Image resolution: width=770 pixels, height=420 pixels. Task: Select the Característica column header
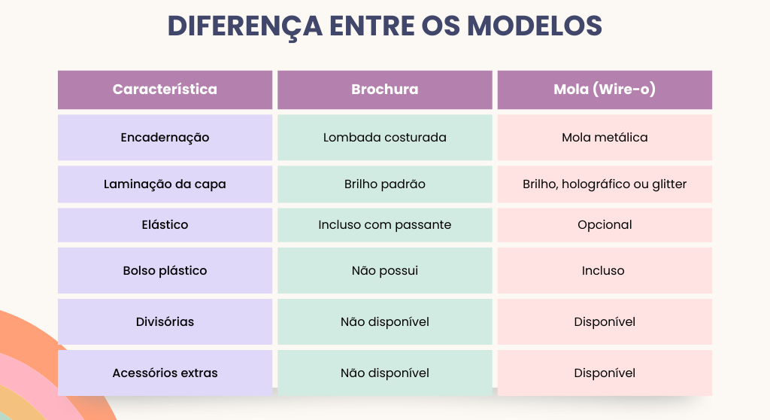[x=165, y=90]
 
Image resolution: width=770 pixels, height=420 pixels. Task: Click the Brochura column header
[x=384, y=90]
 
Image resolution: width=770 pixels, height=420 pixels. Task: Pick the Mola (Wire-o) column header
[x=605, y=90]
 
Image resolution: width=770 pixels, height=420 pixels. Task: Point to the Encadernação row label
[x=165, y=138]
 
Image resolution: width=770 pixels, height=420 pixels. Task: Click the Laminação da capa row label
[x=165, y=184]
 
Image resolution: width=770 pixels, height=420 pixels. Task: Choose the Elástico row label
[x=165, y=225]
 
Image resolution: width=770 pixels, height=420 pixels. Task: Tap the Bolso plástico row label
[x=165, y=270]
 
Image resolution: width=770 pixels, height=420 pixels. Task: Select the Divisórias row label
[x=165, y=322]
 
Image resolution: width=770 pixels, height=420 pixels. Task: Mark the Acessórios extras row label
[x=165, y=373]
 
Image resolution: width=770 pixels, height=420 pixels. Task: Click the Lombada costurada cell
[x=384, y=138]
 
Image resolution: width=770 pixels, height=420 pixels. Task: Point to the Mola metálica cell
[x=605, y=138]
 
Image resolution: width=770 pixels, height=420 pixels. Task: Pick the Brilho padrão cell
[x=384, y=184]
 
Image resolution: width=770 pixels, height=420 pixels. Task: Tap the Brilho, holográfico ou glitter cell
[x=605, y=184]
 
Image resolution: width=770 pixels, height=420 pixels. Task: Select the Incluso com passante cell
[x=384, y=225]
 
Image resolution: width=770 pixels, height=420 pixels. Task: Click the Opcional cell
[x=605, y=225]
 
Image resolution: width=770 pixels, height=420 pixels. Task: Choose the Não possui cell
[x=384, y=270]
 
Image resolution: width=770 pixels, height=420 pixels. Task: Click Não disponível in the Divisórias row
[x=384, y=322]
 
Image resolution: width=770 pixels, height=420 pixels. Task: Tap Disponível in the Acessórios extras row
[x=605, y=373]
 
